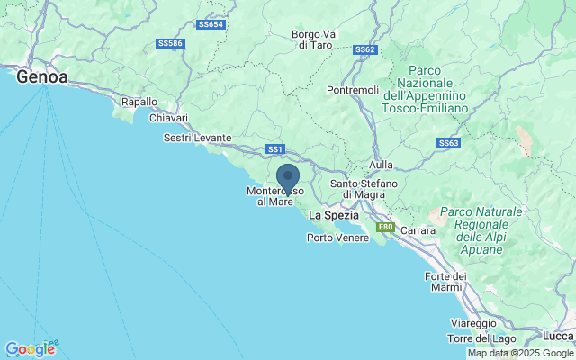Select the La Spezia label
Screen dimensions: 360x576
[x=333, y=216]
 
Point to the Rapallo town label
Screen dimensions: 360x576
[x=139, y=103]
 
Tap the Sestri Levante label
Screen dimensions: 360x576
[x=197, y=138]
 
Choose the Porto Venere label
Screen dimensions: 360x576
[x=337, y=238]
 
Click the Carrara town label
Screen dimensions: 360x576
[x=418, y=230]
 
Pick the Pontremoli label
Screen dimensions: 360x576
[x=352, y=91]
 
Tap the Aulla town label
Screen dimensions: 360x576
[x=382, y=166]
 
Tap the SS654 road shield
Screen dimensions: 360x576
[x=210, y=24]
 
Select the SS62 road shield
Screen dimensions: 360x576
[x=364, y=49]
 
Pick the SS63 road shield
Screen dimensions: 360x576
[x=448, y=143]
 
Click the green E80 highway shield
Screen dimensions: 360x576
[x=385, y=228]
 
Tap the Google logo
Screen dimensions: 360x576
[x=30, y=349]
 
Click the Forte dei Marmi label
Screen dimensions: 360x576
[x=445, y=281]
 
